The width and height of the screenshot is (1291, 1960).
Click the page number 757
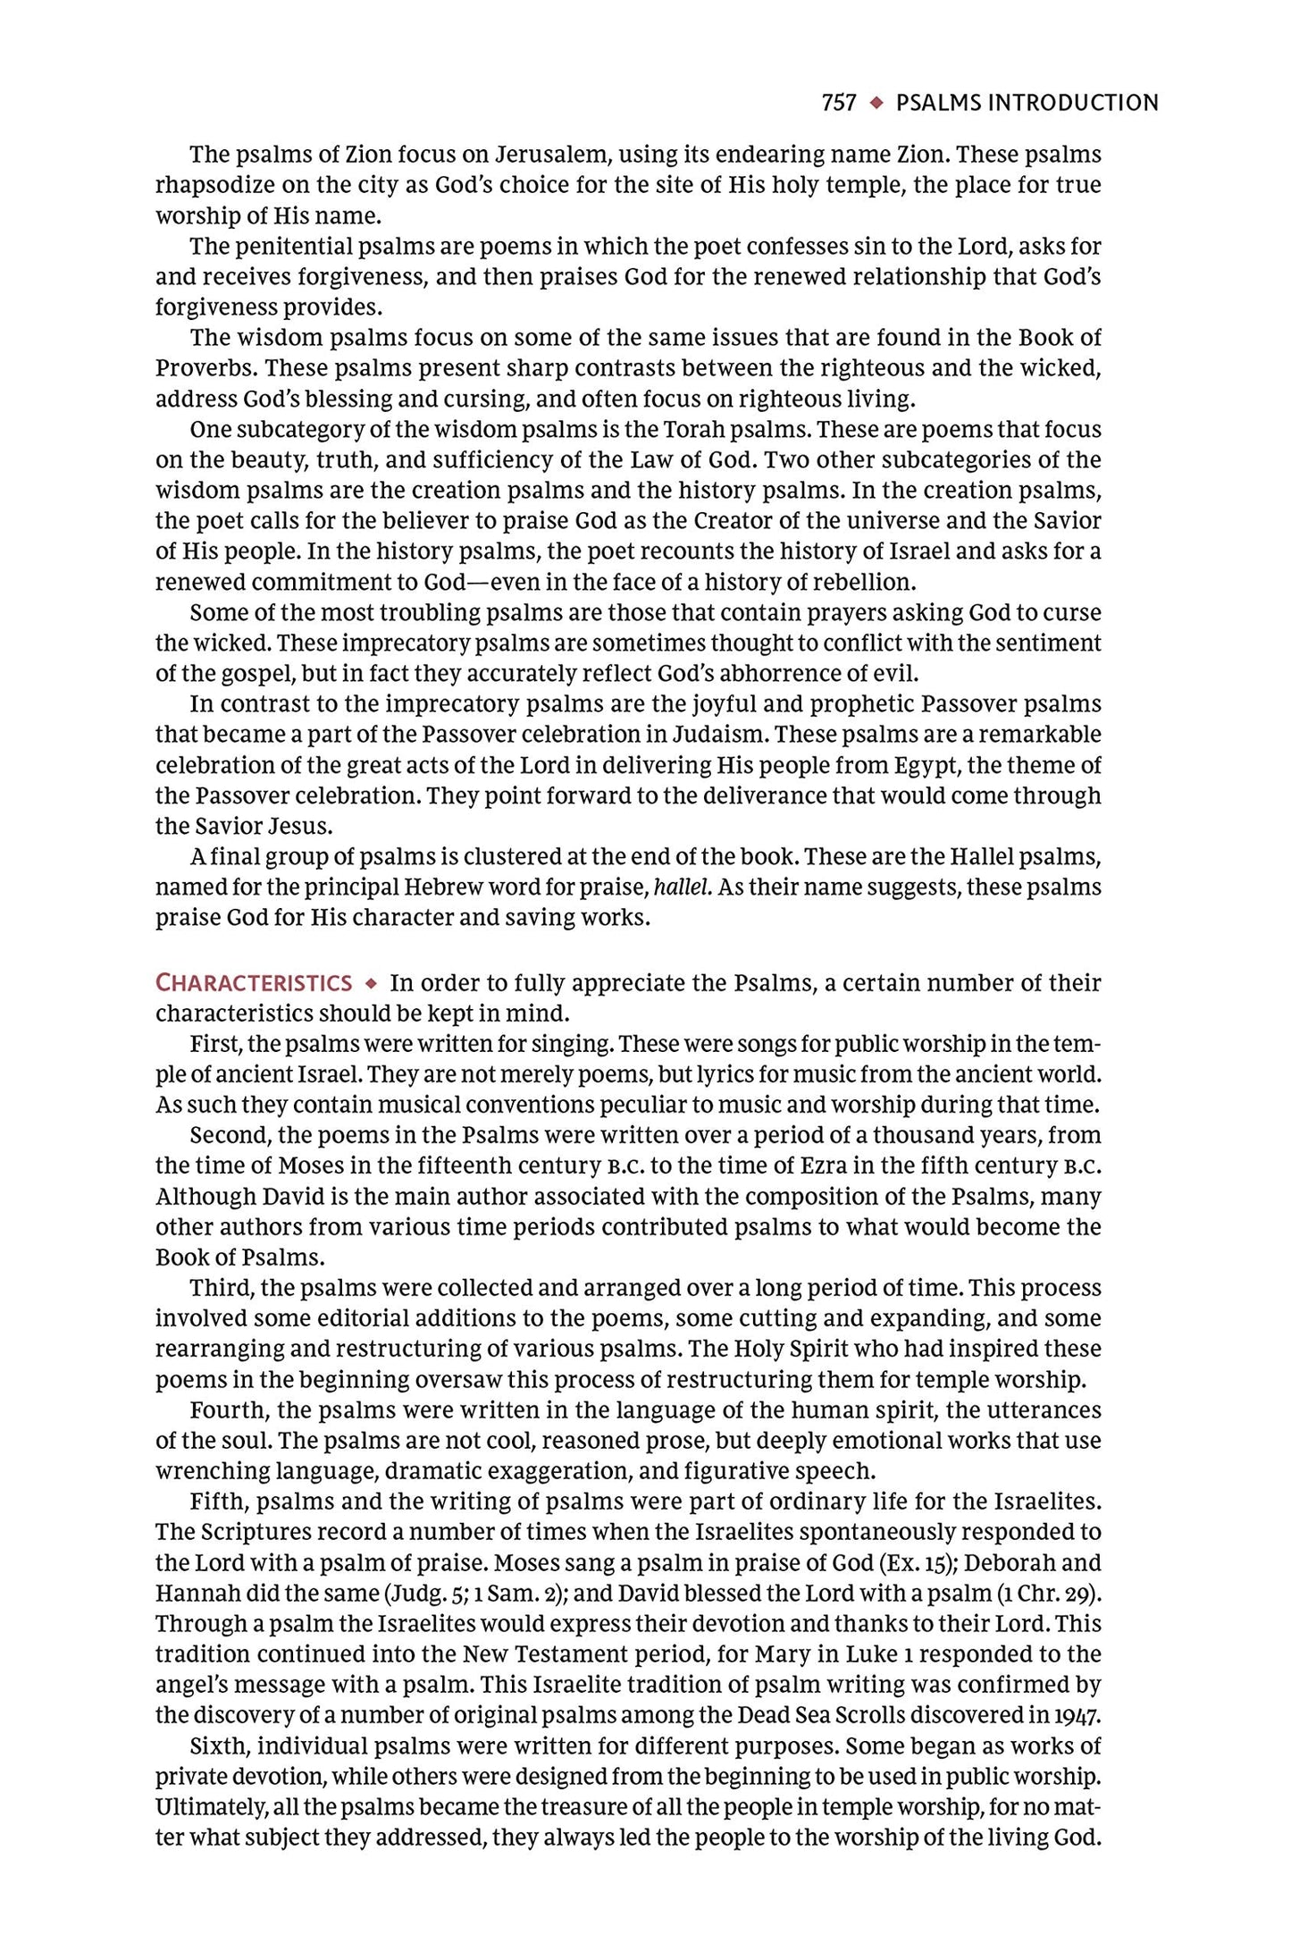[x=839, y=103]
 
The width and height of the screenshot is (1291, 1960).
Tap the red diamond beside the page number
[x=877, y=103]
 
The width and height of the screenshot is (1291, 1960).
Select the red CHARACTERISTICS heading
[x=254, y=983]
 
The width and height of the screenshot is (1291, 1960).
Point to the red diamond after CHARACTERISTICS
[x=371, y=984]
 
